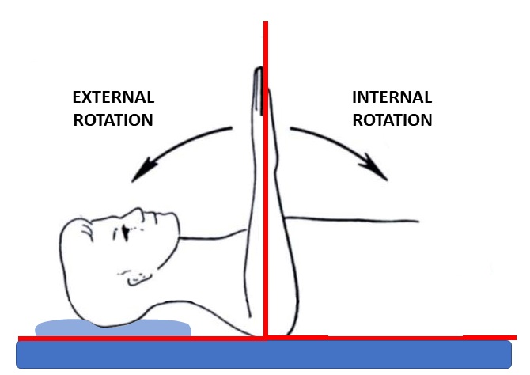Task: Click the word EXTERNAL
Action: click(x=114, y=97)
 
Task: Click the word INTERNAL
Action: click(x=392, y=97)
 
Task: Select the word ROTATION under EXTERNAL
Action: click(x=113, y=120)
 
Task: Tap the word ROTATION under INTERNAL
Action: click(x=392, y=120)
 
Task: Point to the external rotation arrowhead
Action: click(x=142, y=170)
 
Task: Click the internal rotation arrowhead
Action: click(x=375, y=168)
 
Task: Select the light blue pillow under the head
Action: click(x=113, y=328)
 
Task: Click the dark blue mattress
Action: click(x=263, y=354)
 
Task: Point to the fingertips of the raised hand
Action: click(x=258, y=70)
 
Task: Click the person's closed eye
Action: click(x=126, y=233)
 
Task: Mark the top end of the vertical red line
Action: click(x=266, y=22)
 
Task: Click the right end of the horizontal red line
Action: click(x=515, y=338)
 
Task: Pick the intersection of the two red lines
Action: click(x=266, y=338)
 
